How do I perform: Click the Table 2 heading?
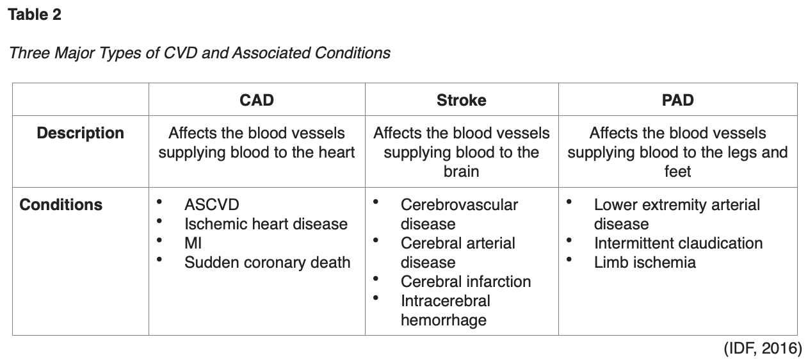35,15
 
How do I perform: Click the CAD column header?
257,100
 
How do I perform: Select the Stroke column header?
461,100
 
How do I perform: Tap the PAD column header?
677,100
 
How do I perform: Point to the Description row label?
80,133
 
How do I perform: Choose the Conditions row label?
61,205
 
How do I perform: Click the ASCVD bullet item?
211,205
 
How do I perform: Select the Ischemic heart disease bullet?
266,224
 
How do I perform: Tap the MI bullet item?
193,243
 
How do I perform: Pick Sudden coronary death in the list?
267,263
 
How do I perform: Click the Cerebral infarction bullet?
465,282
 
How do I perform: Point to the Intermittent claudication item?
678,243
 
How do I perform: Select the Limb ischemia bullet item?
644,263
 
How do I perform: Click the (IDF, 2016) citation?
763,348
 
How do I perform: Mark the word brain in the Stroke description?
461,172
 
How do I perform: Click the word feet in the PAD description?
677,172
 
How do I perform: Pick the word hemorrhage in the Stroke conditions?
443,320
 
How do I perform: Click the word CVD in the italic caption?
181,53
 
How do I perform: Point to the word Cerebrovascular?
459,205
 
